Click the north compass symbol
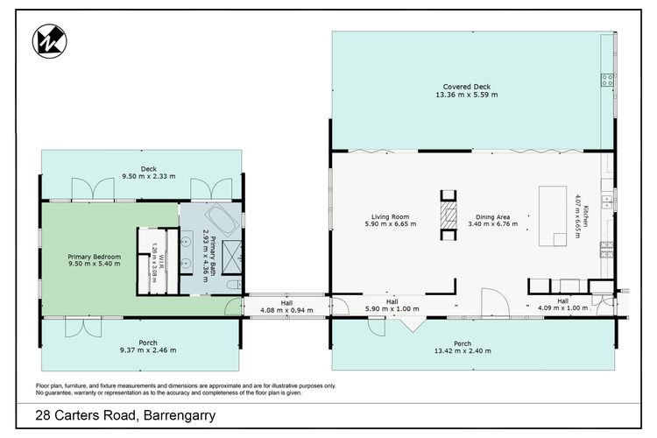(x=49, y=41)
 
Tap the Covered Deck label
(x=466, y=87)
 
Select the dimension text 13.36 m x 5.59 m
(x=466, y=95)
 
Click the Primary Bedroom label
(x=95, y=257)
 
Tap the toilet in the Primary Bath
(x=235, y=285)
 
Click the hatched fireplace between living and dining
(x=449, y=215)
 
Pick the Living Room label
(x=390, y=216)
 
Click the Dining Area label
(x=492, y=216)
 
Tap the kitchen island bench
(x=552, y=215)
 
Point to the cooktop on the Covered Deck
(x=607, y=80)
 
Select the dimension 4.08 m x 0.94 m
(x=286, y=310)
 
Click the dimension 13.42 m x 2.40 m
(x=463, y=350)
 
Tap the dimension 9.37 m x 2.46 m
(x=148, y=350)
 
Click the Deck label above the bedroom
(x=149, y=169)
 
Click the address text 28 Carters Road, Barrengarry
(x=125, y=415)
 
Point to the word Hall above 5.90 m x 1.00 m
(x=392, y=301)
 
